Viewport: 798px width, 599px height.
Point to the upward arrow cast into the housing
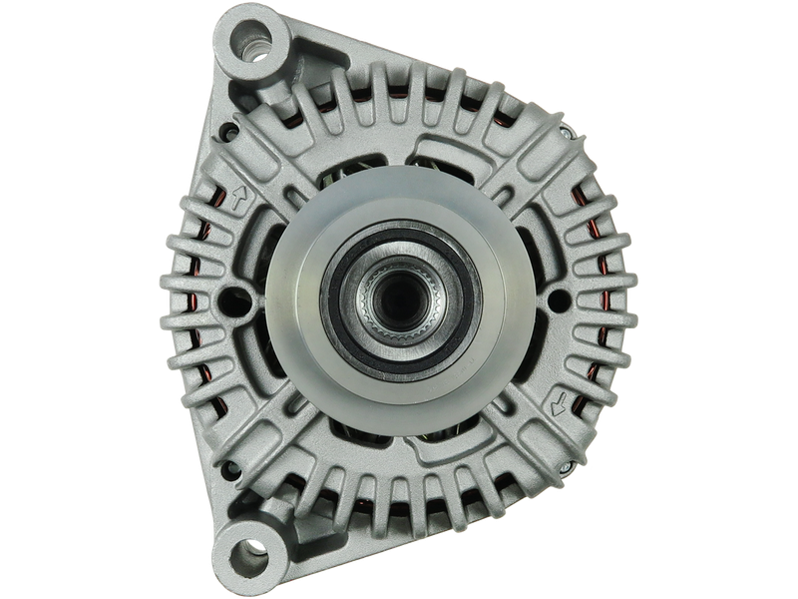[237, 200]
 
